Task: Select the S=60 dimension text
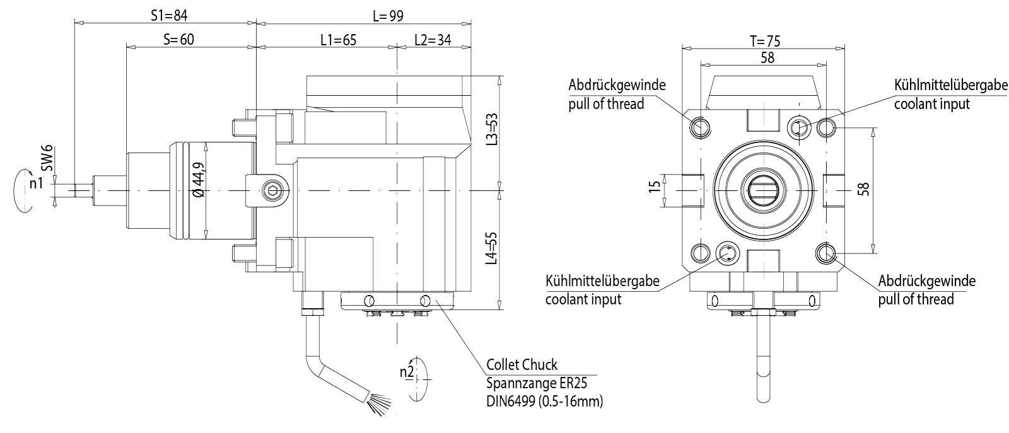pos(178,39)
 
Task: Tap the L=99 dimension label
pos(387,15)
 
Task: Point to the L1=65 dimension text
pos(338,40)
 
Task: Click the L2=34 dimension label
pos(433,40)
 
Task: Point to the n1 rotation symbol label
pos(36,183)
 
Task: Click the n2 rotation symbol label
pos(407,371)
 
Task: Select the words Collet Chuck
pos(522,365)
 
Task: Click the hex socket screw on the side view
pos(272,190)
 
